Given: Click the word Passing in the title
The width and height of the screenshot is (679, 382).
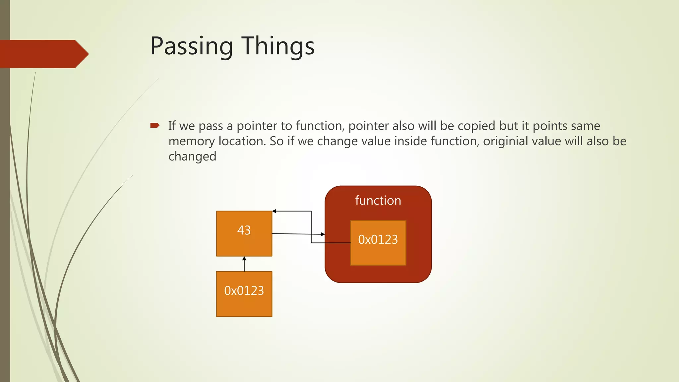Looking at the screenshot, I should (191, 46).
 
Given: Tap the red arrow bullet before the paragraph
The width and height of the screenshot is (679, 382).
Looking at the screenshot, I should (154, 125).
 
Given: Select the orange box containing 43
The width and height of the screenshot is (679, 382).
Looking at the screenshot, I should (244, 233).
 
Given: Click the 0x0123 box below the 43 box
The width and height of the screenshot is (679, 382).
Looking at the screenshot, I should (244, 294).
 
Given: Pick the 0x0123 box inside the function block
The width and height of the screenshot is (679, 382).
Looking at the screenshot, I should (378, 243).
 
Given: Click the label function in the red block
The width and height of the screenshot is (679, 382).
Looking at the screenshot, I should (378, 201).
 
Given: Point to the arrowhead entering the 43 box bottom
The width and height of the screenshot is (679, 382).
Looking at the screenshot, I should (244, 258).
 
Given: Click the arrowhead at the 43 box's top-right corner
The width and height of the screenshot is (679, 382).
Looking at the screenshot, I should (274, 211).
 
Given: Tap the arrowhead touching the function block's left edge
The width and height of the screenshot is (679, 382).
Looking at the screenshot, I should (323, 234).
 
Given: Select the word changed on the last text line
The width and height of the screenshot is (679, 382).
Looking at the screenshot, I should (192, 157).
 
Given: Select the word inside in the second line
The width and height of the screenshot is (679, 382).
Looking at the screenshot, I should (410, 141).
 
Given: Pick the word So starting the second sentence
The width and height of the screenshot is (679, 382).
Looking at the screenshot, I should (277, 141).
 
